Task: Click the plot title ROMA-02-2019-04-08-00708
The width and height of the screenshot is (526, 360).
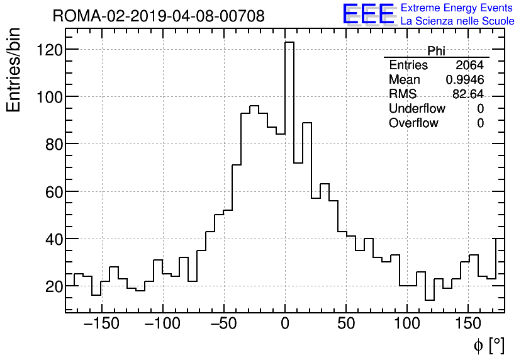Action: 159,16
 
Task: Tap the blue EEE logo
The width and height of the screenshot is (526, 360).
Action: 368,14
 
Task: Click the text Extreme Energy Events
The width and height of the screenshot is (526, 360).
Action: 457,8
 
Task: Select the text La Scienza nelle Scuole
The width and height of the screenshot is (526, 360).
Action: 457,21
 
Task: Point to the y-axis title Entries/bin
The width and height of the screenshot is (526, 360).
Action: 13,70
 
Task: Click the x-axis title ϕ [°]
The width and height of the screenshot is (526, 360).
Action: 489,345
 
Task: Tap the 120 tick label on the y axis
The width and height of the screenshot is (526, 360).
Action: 49,50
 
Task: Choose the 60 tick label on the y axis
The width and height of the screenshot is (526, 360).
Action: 53,192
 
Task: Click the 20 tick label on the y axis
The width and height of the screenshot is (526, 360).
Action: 53,286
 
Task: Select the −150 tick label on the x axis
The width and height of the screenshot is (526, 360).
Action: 101,324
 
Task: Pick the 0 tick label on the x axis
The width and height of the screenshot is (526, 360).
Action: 285,324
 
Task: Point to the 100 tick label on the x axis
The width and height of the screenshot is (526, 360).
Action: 407,324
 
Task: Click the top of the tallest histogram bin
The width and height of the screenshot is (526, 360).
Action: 289,42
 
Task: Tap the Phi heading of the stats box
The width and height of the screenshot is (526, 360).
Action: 436,51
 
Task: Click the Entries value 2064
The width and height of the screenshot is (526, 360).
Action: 469,65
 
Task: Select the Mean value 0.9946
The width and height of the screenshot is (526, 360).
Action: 465,80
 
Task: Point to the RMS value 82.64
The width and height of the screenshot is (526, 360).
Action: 468,94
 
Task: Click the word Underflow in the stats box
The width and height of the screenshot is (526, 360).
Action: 417,109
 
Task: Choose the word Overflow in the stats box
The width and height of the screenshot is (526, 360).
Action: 413,123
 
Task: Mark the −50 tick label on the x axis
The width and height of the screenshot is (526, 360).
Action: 223,324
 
